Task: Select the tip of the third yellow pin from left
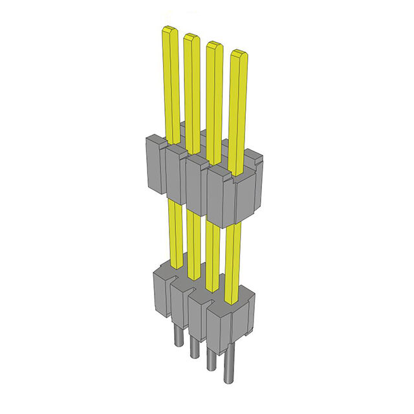point(214,45)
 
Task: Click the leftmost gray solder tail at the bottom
point(177,336)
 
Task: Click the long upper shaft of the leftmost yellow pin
point(171,84)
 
